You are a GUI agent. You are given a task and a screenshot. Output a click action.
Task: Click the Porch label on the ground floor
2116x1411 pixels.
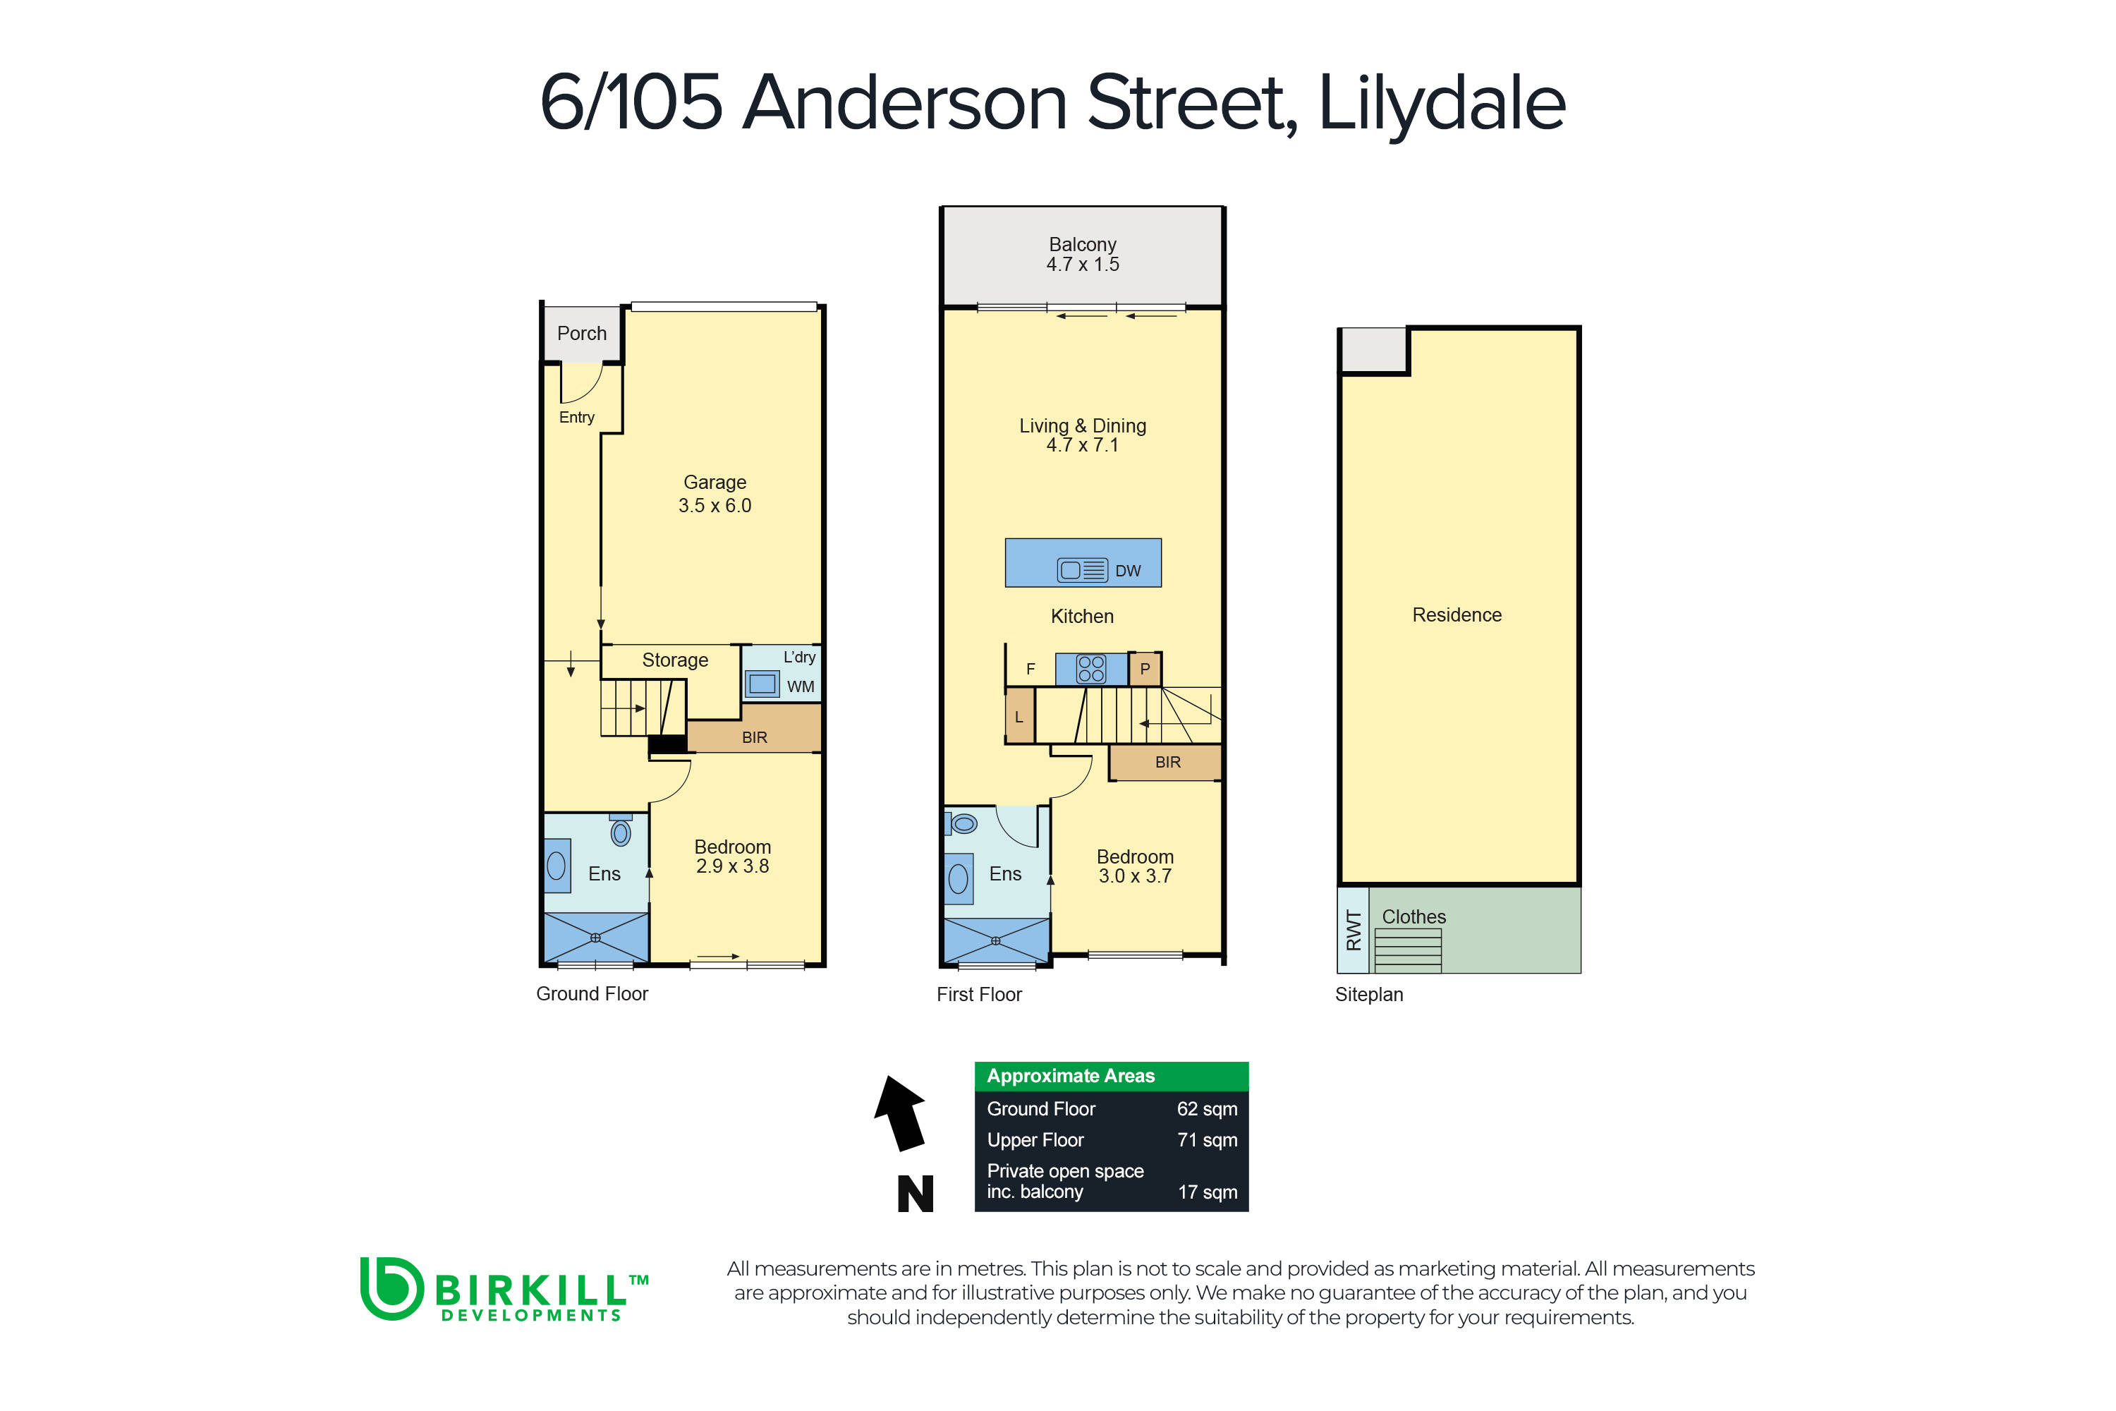point(581,333)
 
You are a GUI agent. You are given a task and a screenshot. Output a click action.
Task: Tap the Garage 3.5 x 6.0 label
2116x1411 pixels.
point(715,494)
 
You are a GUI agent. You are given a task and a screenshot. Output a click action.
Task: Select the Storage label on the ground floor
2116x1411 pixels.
point(675,660)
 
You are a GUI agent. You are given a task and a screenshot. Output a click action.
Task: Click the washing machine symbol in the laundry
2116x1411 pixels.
point(762,684)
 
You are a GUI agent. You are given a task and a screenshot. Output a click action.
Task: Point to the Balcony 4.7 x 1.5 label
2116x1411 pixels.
point(1082,255)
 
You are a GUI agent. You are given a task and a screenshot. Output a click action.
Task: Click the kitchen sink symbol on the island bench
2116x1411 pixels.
point(1081,569)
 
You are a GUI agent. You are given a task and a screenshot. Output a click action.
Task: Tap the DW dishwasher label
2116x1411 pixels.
point(1127,571)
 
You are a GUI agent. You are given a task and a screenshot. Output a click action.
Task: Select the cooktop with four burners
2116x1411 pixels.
point(1090,669)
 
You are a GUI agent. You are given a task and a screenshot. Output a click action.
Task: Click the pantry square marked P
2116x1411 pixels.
point(1144,670)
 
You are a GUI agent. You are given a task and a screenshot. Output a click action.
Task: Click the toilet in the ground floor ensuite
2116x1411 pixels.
point(621,832)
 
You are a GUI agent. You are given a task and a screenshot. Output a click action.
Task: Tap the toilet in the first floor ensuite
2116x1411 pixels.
point(963,823)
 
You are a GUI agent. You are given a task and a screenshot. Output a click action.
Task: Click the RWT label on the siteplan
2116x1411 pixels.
point(1353,931)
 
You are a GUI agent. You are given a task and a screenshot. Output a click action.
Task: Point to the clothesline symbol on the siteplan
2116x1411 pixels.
point(1407,950)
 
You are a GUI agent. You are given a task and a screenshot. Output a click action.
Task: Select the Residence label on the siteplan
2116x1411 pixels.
point(1457,614)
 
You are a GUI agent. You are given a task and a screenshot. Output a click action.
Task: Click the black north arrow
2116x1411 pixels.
point(901,1113)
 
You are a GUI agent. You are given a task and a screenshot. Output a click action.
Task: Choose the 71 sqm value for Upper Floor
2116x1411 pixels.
point(1206,1140)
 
